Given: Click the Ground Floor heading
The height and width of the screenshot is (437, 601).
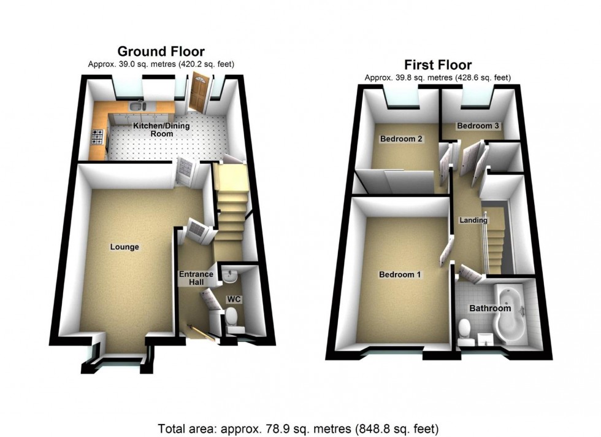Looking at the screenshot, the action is pos(161,52).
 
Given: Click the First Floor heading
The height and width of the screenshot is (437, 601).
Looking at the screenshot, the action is pos(438,64).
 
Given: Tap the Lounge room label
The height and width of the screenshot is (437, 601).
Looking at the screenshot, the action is pos(124,247).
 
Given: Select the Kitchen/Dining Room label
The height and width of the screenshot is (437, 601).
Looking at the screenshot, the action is pos(162,130).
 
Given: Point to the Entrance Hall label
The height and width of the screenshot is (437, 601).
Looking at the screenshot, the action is pos(196,278).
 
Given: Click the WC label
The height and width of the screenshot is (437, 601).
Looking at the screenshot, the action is pos(234,299).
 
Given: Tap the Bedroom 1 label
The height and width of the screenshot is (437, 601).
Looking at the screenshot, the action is pos(400,275).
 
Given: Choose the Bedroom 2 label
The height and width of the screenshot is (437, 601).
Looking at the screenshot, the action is pos(401,139).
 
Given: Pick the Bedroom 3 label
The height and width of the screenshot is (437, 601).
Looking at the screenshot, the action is pos(478,126).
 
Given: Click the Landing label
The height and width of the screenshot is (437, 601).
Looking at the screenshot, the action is pos(473,220).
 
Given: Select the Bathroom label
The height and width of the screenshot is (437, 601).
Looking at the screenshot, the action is pos(490,308).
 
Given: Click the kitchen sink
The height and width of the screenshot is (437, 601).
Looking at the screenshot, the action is pos(136,106).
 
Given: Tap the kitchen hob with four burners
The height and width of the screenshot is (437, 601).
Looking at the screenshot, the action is pos(98,137).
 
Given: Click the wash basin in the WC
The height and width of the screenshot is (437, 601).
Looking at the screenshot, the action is pos(229,276).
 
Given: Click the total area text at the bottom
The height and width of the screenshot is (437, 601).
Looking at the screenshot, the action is pos(298,428).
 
